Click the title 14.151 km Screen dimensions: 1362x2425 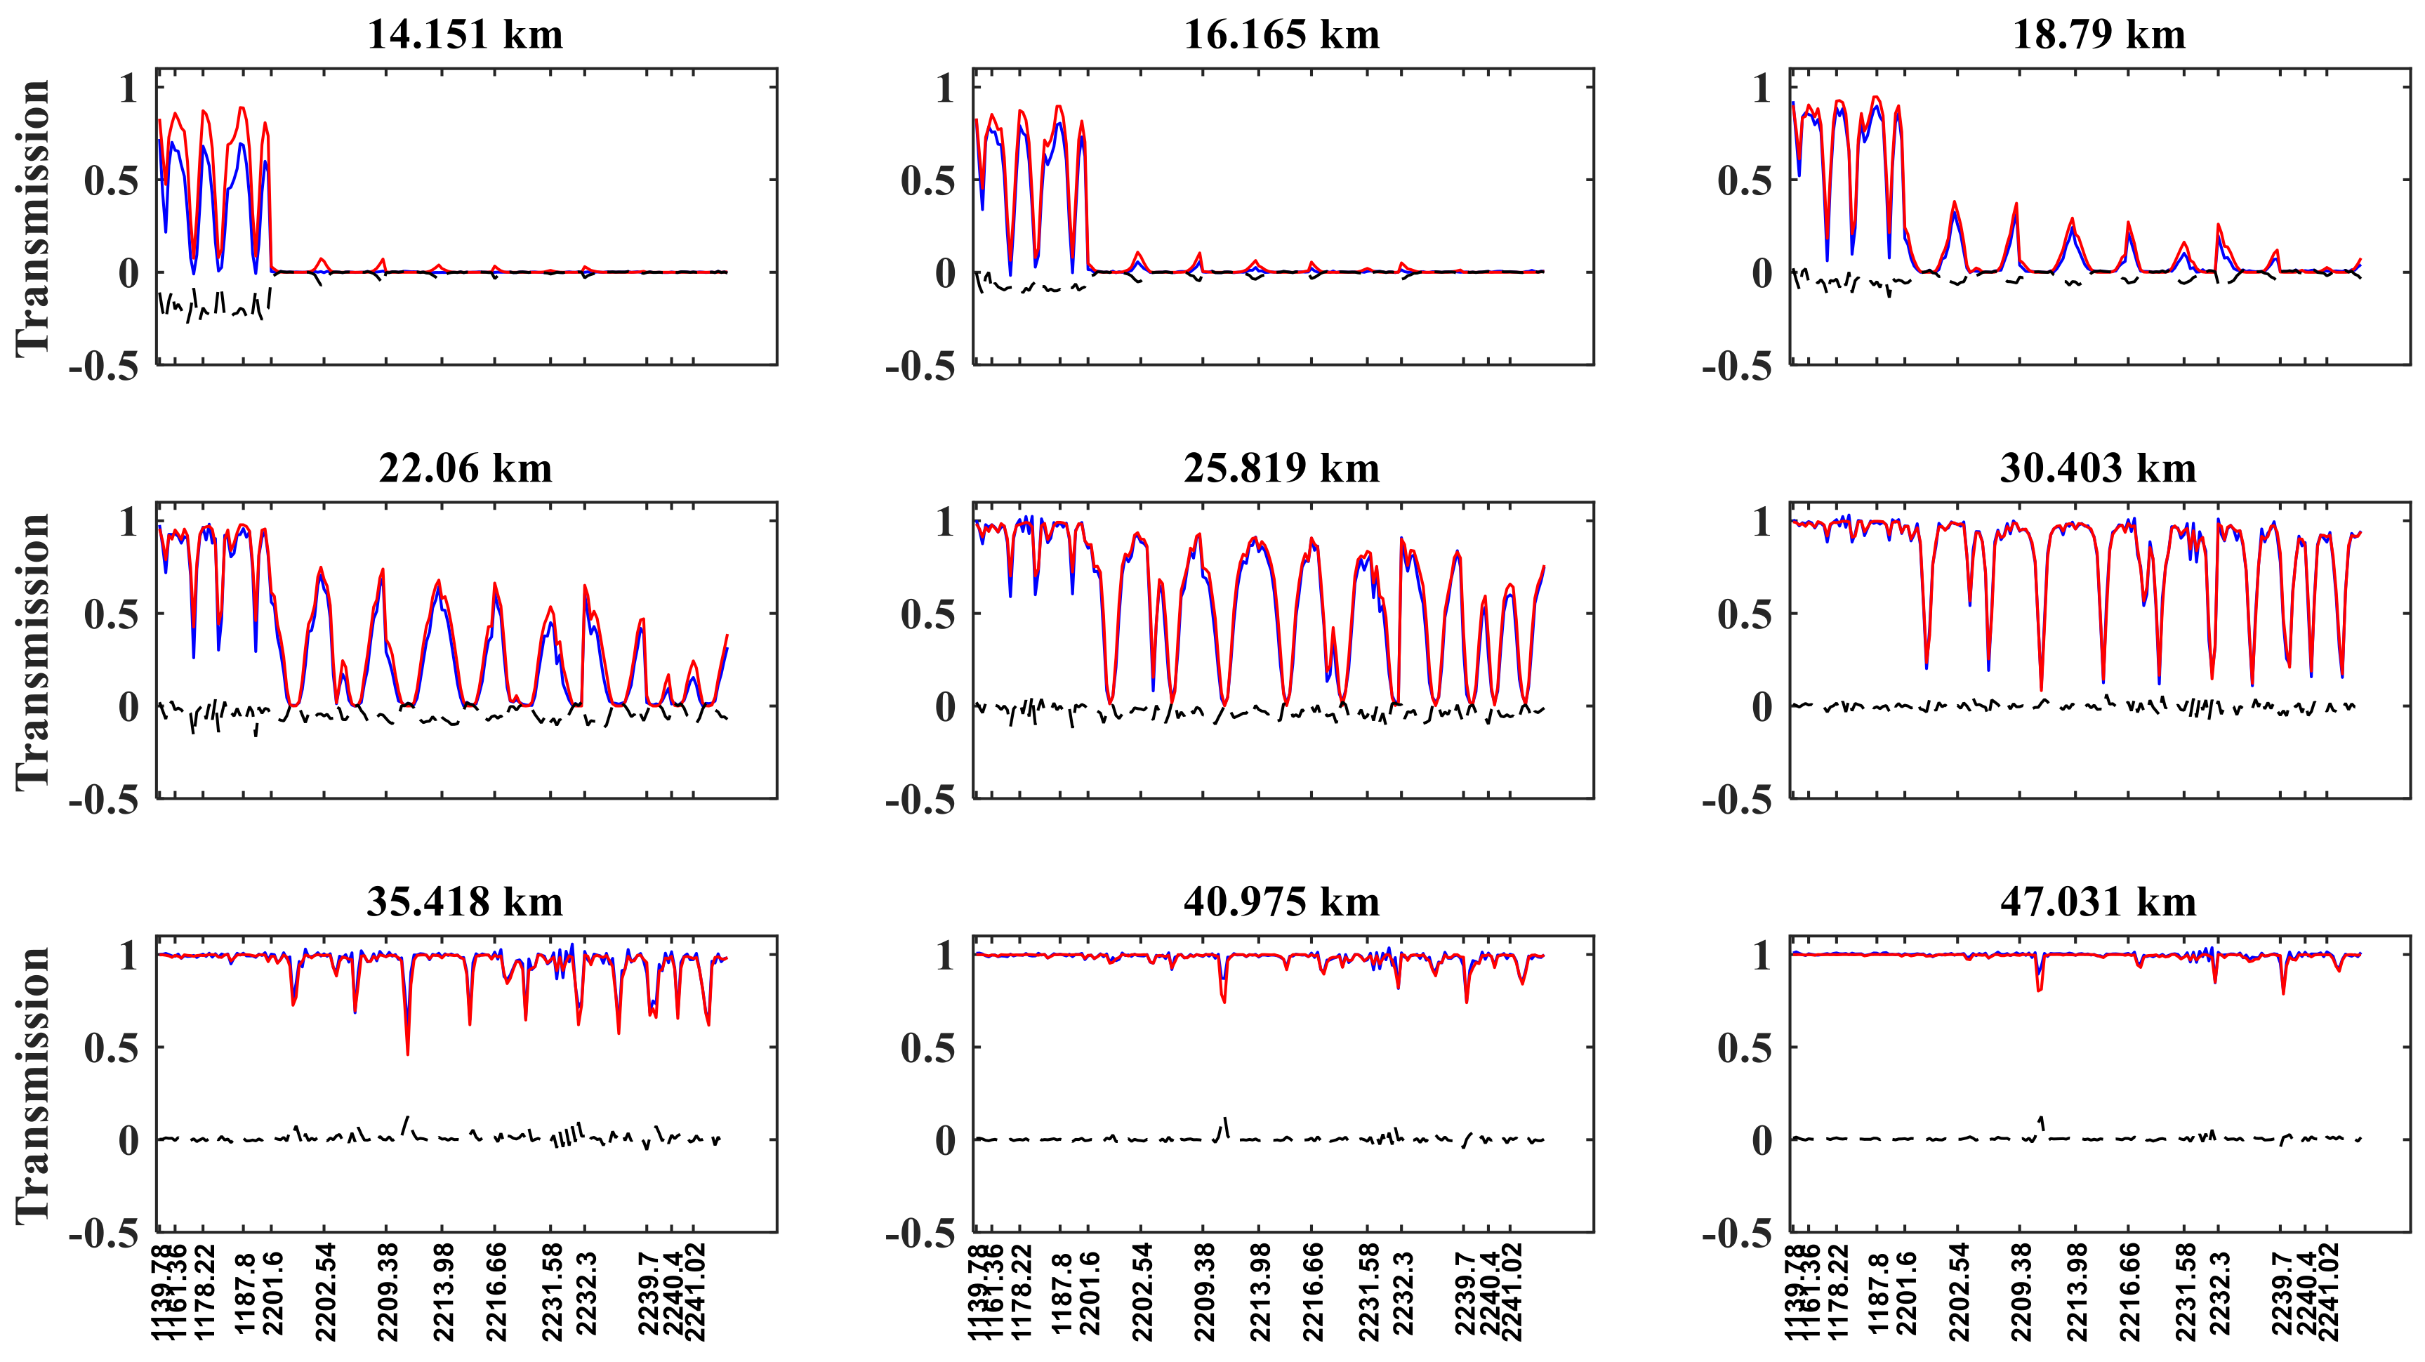pos(464,35)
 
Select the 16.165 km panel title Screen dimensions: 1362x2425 pos(1281,35)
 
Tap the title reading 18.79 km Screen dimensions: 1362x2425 pos(2099,35)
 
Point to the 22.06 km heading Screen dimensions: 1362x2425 pos(464,468)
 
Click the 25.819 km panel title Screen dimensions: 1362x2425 pos(1281,468)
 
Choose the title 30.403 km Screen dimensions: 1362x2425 pos(2099,468)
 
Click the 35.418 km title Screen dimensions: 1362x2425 pos(464,901)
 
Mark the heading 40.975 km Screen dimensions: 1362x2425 pos(1281,901)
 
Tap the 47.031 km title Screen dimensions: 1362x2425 pos(2099,901)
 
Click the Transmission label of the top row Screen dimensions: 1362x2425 pos(33,218)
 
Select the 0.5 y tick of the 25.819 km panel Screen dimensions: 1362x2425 pos(927,614)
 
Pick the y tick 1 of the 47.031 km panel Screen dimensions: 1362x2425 pos(1762,956)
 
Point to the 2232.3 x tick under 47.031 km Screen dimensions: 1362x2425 pos(2219,1293)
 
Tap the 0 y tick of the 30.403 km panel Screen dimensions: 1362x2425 pos(1762,707)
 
